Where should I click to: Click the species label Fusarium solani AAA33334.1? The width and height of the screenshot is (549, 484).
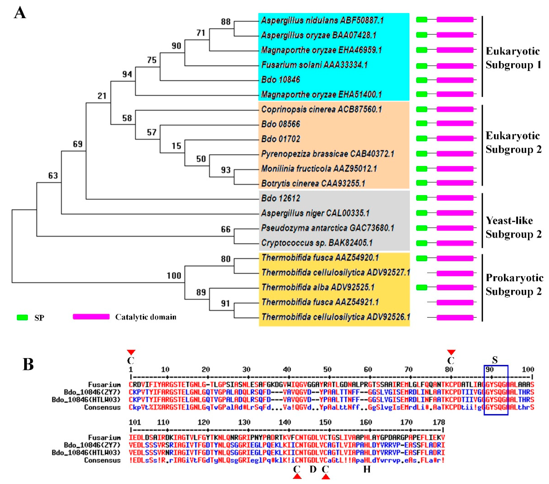click(314, 65)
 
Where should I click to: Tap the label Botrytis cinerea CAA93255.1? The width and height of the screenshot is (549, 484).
click(313, 183)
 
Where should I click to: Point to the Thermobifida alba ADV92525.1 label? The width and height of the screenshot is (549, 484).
click(318, 287)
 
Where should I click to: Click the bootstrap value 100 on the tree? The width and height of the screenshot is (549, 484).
click(174, 276)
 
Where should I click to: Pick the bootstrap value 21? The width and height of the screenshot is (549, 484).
click(102, 96)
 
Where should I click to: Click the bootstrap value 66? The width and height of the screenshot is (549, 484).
click(226, 229)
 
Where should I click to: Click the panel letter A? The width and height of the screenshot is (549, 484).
click(20, 13)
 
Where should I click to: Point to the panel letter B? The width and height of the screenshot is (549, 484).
click(28, 364)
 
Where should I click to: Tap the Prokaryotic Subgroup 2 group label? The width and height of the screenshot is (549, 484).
click(514, 285)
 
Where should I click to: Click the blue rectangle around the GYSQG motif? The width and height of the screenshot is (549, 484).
click(496, 390)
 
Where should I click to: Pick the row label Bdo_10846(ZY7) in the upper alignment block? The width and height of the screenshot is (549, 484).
click(92, 392)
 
